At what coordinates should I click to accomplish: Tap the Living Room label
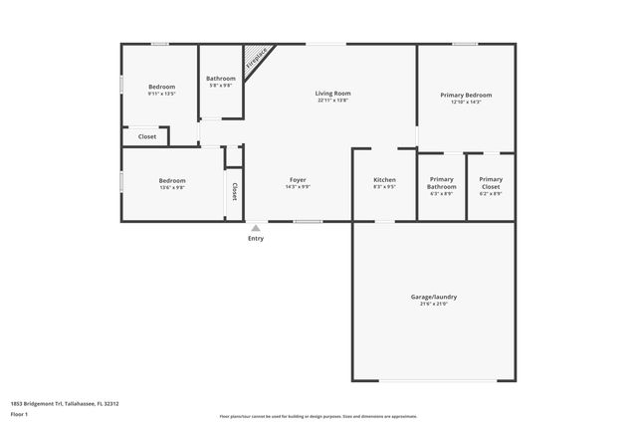pos(333,94)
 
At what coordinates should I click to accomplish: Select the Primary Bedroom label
pos(466,96)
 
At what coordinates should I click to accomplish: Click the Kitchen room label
pos(384,179)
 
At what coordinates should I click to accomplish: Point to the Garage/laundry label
pos(434,297)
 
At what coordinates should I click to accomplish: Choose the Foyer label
pos(299,179)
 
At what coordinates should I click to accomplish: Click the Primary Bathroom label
pos(441,183)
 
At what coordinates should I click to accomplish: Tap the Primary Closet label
pos(491,183)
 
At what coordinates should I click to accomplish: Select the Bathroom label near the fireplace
pos(220,79)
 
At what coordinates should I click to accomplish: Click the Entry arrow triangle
pos(256,228)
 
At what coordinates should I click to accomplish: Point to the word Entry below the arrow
pos(256,239)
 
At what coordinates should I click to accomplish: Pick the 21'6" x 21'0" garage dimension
pos(434,304)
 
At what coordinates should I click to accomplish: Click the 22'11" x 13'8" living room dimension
pos(333,101)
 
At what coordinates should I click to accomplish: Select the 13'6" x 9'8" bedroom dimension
pos(172,187)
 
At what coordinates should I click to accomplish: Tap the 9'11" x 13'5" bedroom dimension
pos(162,94)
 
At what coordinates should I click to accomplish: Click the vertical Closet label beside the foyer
pos(235,191)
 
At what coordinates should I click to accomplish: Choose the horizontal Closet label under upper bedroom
pos(147,136)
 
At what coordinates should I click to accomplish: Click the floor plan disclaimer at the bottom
pos(318,415)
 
